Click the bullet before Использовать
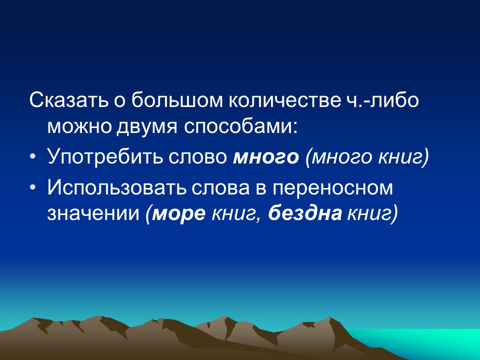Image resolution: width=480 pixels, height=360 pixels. click(x=32, y=188)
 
